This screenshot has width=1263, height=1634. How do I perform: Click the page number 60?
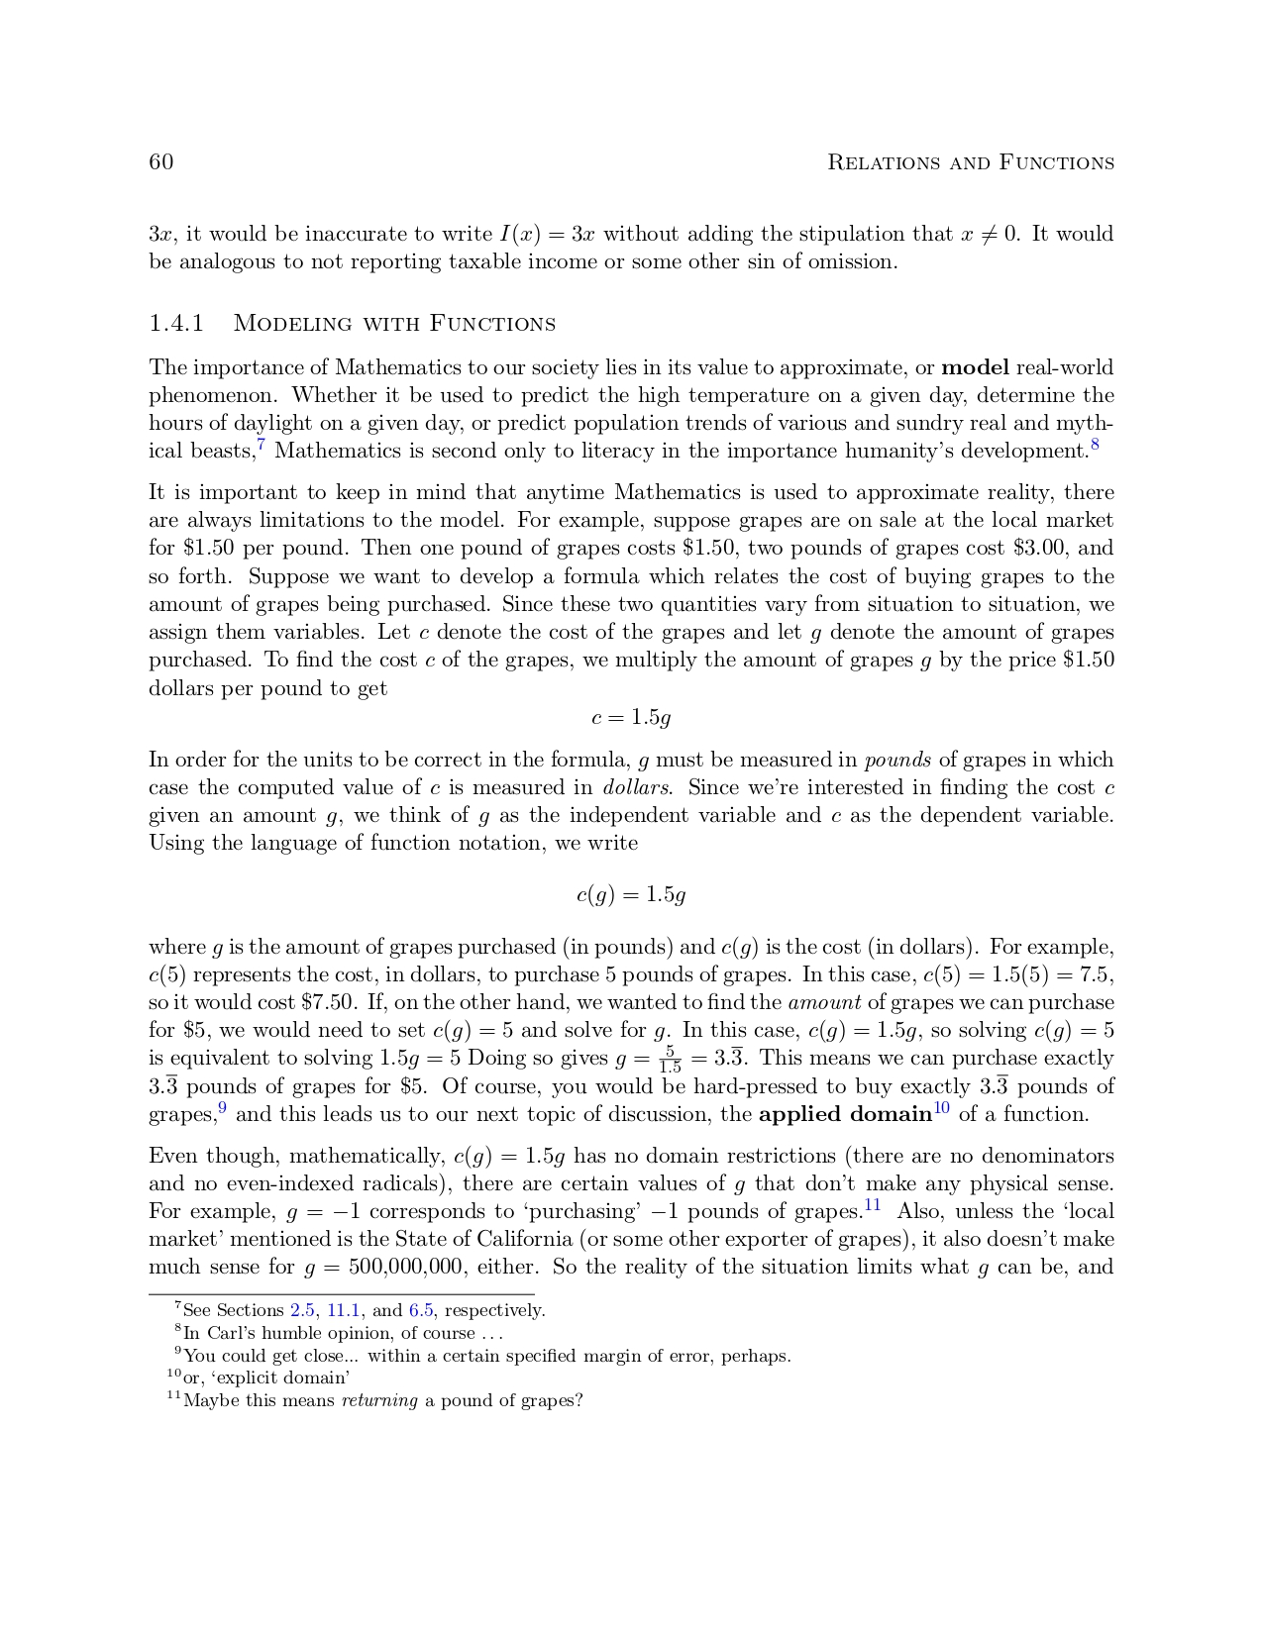[x=161, y=162]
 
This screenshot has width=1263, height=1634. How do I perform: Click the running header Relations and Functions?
[x=970, y=162]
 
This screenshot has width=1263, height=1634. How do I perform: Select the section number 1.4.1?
[x=176, y=324]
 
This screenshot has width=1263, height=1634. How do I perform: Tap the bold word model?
[x=975, y=368]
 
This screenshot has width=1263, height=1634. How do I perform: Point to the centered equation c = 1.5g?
[x=631, y=718]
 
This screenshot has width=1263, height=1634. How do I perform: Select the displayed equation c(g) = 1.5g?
[x=631, y=895]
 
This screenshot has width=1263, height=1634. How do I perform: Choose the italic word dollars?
[x=637, y=788]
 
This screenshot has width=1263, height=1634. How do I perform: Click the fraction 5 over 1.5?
[x=671, y=1060]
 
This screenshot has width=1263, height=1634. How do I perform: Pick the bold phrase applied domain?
[x=845, y=1115]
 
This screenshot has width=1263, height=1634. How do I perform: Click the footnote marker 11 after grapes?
[x=873, y=1205]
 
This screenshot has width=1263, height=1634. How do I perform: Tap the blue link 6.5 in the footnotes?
[x=421, y=1311]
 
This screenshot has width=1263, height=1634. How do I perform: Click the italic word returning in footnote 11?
[x=379, y=1401]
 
